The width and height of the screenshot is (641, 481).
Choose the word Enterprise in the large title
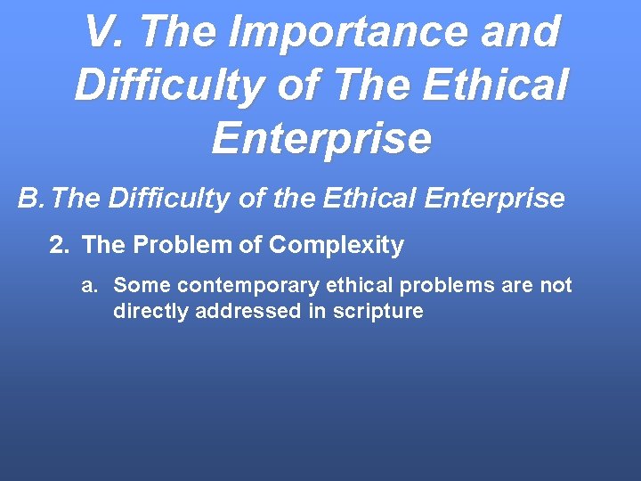coord(321,139)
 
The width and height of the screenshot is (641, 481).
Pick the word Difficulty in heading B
coord(168,199)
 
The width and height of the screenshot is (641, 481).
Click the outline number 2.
coord(59,245)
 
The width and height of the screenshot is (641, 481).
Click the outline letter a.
coord(89,286)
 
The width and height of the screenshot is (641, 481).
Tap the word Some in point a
coord(138,286)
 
